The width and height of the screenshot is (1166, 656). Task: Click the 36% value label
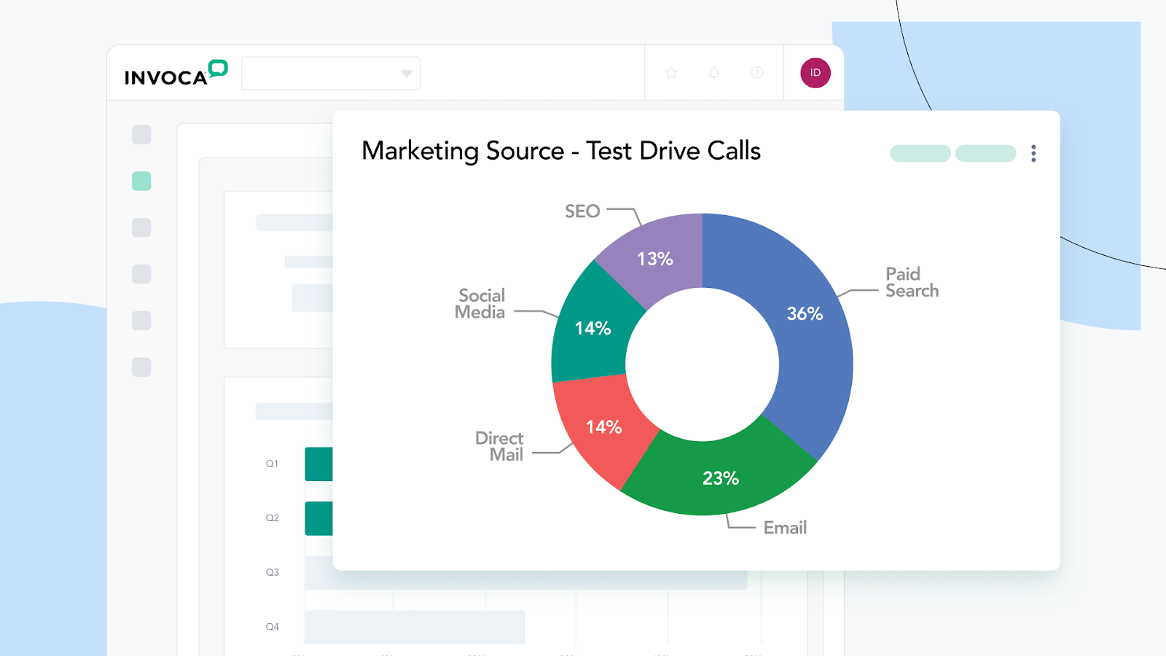point(805,313)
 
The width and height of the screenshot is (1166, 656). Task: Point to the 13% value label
point(654,259)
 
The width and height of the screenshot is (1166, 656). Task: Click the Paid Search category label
point(911,282)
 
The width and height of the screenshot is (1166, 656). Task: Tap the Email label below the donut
point(785,528)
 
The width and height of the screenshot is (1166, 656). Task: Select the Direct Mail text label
point(500,446)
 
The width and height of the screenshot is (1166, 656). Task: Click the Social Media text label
point(481,304)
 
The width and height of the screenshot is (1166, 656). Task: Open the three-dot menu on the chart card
point(1033,153)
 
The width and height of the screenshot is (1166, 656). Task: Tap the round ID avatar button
point(815,73)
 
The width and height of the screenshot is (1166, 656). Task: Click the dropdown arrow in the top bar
point(407,74)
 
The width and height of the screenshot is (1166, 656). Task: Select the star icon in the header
point(671,73)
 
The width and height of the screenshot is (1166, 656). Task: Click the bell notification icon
point(714,73)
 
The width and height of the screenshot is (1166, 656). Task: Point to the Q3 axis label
point(272,572)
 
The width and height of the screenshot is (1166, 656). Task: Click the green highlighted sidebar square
point(141,181)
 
